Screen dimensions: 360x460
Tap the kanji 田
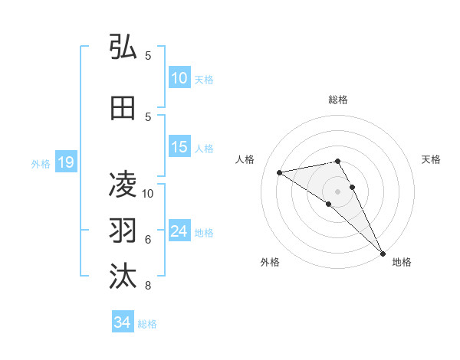click(123, 109)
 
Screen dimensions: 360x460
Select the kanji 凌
click(123, 185)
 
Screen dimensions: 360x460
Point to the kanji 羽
click(123, 231)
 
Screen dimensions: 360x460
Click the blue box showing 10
click(179, 78)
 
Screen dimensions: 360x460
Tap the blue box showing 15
click(179, 147)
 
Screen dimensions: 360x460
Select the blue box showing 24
click(179, 231)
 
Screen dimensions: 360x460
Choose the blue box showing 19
click(65, 162)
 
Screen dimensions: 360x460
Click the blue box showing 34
click(122, 322)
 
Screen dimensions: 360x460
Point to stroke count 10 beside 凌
click(148, 193)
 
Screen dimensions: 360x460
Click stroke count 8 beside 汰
click(148, 286)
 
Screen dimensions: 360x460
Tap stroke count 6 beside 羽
click(148, 239)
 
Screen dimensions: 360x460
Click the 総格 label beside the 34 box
click(147, 324)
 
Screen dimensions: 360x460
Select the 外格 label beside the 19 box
click(40, 163)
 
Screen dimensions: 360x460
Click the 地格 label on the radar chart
click(402, 262)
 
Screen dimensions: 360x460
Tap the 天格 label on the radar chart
click(432, 159)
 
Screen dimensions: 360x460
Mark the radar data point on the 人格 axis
click(280, 172)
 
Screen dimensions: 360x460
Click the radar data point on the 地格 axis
click(381, 252)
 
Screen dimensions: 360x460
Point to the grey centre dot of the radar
click(337, 191)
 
